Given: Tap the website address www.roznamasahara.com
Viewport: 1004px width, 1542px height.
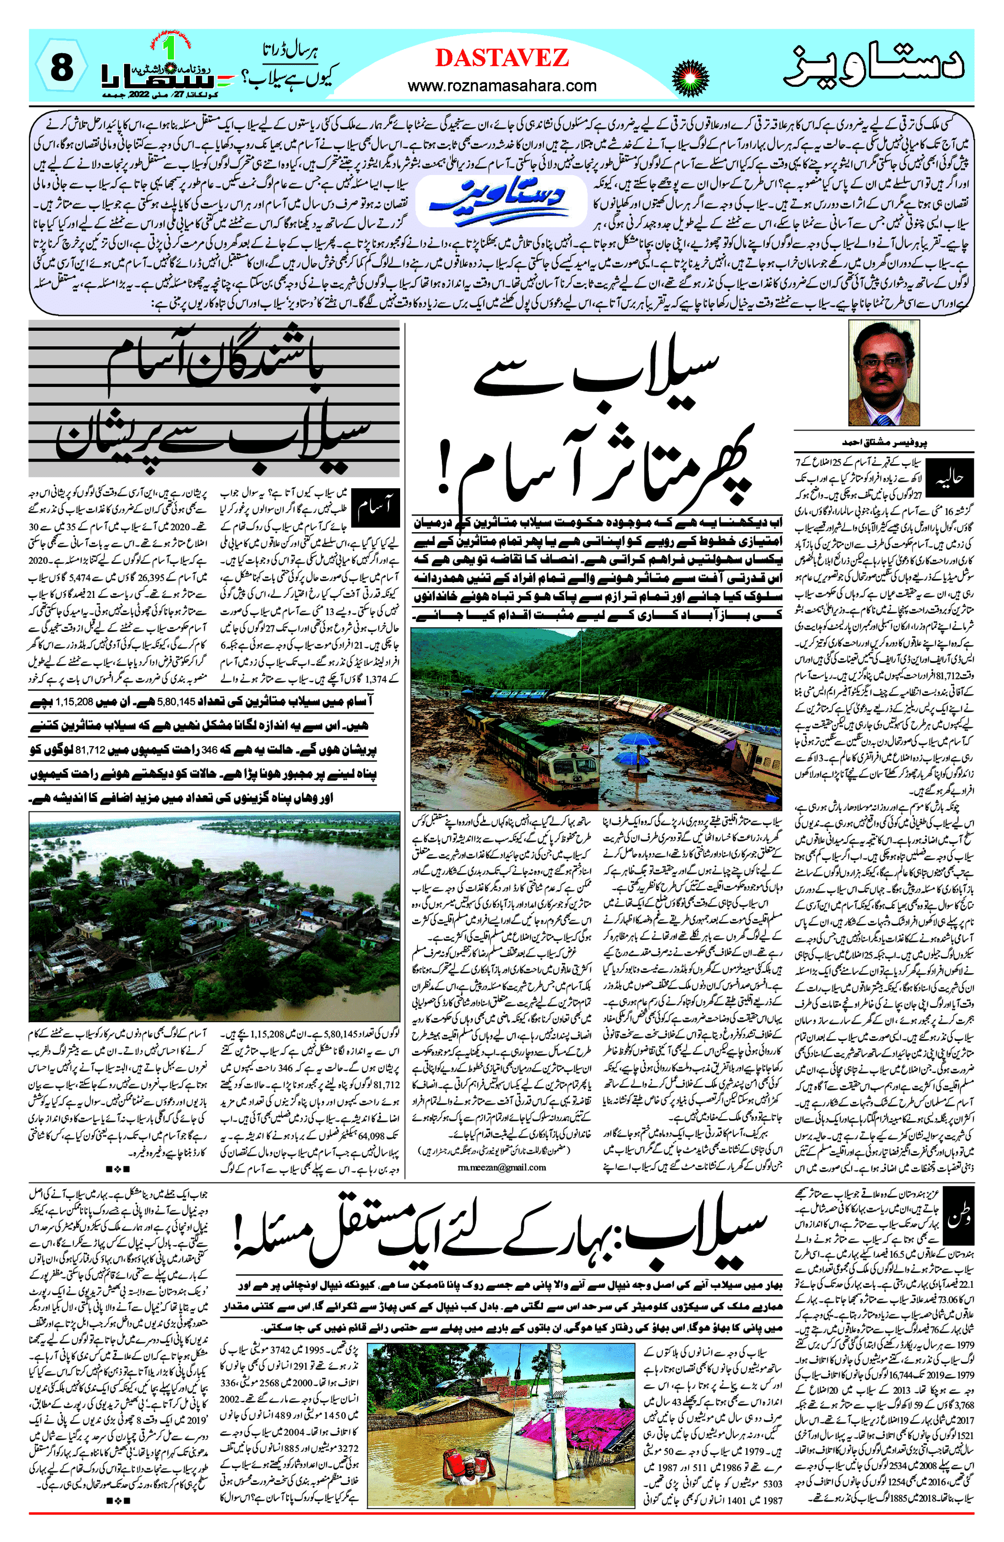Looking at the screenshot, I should click(x=502, y=85).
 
